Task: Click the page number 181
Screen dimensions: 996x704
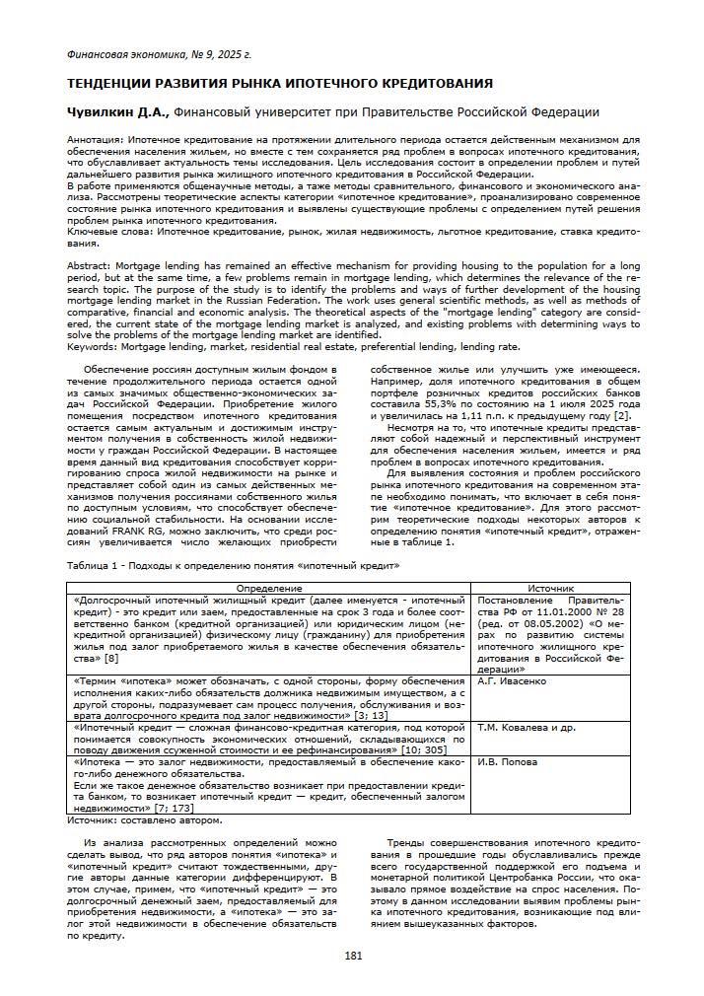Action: click(352, 955)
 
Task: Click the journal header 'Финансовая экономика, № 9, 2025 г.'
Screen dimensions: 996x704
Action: click(158, 54)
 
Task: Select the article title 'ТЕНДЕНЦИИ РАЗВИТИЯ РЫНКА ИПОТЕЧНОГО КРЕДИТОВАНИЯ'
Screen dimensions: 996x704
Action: click(279, 83)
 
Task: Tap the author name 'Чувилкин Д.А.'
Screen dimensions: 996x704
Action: click(116, 112)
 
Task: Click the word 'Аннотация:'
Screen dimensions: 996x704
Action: click(95, 141)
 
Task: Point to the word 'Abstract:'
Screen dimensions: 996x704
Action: click(89, 267)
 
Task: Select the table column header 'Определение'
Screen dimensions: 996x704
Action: click(269, 588)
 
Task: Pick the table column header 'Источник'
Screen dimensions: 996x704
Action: click(550, 588)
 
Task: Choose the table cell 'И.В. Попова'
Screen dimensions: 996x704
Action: click(507, 762)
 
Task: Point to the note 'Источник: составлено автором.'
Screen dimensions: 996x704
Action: click(144, 819)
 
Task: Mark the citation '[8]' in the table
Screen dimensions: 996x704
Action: click(111, 658)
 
